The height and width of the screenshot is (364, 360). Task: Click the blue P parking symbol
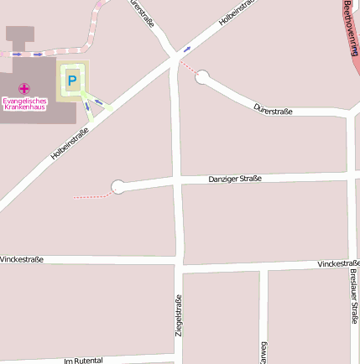point(72,81)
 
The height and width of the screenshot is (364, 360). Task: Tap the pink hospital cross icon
point(24,88)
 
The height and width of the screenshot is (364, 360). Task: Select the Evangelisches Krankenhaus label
point(24,104)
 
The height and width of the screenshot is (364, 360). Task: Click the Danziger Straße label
point(235,179)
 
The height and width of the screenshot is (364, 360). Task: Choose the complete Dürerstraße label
point(273,109)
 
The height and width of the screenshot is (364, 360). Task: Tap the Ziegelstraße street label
point(178,315)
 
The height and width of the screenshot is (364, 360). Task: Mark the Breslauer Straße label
point(353,297)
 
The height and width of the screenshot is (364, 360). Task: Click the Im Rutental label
point(83,361)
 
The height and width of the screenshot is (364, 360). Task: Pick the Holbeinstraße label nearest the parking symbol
point(70,142)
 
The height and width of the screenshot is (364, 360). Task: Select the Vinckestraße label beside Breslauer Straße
point(338,263)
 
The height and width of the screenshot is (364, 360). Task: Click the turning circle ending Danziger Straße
point(118,186)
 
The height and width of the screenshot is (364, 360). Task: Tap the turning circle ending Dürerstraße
point(202,77)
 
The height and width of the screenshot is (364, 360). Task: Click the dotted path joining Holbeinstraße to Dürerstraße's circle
point(188,67)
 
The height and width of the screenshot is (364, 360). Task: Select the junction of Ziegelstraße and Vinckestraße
point(179,265)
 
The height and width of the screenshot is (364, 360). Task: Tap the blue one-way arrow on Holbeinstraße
point(186,49)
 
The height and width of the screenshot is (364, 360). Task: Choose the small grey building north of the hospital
point(20,35)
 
